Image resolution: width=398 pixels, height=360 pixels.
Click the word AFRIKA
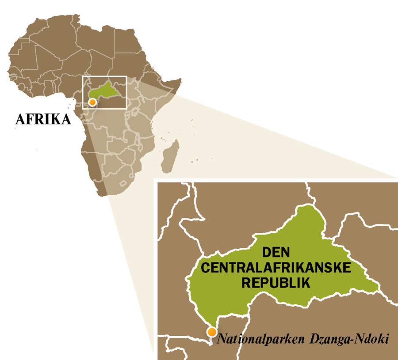tap(43, 119)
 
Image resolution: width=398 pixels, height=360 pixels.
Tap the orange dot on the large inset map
tap(213, 332)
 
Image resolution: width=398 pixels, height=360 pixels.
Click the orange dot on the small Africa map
tap(92, 102)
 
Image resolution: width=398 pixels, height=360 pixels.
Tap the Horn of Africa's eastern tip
tap(181, 80)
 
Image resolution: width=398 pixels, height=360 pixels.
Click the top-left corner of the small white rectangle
tap(83, 76)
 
